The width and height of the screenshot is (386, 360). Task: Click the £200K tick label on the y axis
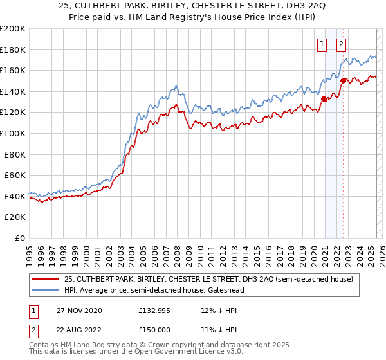[x=13, y=29]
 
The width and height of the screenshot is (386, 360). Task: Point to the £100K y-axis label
[x=13, y=133]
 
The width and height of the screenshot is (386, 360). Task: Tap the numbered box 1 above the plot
[x=321, y=44]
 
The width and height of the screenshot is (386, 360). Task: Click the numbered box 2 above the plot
[x=340, y=44]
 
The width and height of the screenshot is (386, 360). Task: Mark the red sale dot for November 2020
[x=324, y=99]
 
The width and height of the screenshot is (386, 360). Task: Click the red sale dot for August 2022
[x=344, y=81]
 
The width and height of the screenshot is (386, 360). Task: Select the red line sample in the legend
[x=46, y=280]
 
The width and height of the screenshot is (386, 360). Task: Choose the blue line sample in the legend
[x=46, y=290]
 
